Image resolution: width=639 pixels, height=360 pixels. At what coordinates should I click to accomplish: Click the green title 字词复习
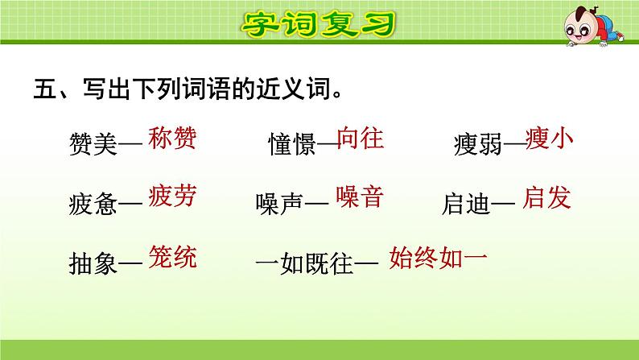[x=318, y=23]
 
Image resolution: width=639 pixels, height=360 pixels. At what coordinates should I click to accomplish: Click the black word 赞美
[x=93, y=143]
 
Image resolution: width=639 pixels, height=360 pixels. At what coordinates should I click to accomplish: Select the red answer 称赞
[x=172, y=138]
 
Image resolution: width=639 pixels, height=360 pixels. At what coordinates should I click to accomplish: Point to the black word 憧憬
[x=292, y=143]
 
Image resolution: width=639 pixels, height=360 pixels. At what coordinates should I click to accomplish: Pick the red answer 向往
[x=361, y=138]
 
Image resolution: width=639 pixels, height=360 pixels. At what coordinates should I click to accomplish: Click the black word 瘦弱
[x=477, y=143]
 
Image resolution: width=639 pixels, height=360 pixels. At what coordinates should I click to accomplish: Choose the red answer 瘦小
[x=550, y=139]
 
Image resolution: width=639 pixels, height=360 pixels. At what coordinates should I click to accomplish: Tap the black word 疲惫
[x=93, y=204]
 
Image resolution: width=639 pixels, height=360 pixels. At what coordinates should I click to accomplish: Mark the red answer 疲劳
[x=172, y=196]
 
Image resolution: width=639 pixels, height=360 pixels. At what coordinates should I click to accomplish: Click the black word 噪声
[x=279, y=204]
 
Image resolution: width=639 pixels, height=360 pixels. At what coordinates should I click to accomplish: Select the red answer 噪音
[x=360, y=197]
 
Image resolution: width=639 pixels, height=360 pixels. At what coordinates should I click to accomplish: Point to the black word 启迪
[x=466, y=204]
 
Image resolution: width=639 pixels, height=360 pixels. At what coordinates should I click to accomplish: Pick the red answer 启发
[x=547, y=198]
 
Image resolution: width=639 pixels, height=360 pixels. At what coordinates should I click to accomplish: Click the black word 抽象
[x=93, y=263]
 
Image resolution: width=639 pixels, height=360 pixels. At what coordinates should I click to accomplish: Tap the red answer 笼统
[x=172, y=257]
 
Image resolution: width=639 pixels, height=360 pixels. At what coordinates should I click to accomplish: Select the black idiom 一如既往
[x=304, y=263]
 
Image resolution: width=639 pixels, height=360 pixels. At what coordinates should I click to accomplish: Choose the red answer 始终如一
[x=438, y=258]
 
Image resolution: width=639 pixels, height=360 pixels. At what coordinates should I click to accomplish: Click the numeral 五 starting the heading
[x=45, y=88]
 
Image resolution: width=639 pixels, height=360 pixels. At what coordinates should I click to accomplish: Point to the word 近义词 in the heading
[x=294, y=88]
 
